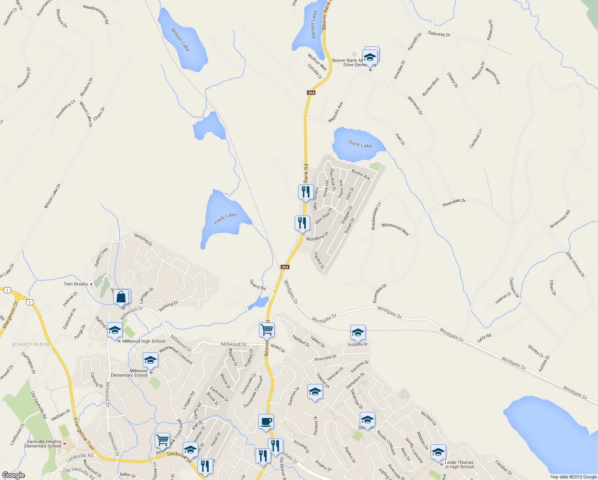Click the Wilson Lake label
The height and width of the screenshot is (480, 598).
(180, 39)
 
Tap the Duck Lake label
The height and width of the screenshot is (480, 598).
(360, 144)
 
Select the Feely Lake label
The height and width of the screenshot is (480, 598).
(225, 218)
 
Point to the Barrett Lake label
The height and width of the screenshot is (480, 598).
(314, 24)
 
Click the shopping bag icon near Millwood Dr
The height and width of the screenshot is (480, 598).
(121, 298)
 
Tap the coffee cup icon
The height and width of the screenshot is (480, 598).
(266, 422)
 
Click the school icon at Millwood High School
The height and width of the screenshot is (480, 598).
(115, 330)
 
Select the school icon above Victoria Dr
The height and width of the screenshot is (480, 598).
(358, 332)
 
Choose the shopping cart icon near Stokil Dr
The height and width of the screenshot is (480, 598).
(267, 330)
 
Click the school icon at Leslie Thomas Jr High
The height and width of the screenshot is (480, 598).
(438, 452)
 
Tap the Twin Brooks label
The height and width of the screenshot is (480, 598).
(76, 284)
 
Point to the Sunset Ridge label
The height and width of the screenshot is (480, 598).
(31, 344)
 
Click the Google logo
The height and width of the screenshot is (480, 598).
(13, 475)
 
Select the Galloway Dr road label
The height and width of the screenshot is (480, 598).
(439, 34)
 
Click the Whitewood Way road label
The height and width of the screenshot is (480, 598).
(395, 229)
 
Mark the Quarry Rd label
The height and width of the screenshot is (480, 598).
(257, 285)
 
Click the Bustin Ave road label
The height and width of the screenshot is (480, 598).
(361, 174)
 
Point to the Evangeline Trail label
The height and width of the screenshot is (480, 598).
(84, 434)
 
